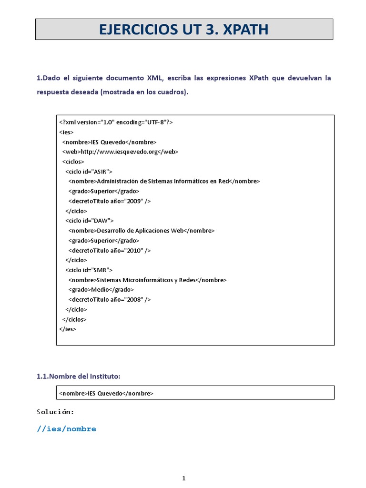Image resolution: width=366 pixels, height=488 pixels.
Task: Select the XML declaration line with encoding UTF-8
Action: tap(116, 122)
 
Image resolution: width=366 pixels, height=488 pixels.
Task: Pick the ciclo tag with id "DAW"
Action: tap(90, 221)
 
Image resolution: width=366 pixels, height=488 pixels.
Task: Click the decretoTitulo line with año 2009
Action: tap(109, 201)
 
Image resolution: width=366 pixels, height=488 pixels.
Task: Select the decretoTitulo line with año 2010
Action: tap(109, 250)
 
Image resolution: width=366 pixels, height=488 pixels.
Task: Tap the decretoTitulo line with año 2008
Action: tap(109, 299)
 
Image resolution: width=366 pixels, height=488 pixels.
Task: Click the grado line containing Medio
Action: tap(101, 289)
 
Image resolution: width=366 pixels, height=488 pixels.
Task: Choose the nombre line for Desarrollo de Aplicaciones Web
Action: tap(142, 230)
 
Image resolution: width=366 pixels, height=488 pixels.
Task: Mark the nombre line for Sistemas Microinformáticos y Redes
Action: tap(147, 280)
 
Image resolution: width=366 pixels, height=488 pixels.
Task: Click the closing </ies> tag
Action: tap(68, 329)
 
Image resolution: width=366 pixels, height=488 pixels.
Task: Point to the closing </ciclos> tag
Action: tap(75, 319)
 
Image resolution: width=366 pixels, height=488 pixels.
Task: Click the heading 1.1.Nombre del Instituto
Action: tap(79, 376)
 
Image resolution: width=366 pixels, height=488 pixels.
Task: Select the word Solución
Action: tap(55, 412)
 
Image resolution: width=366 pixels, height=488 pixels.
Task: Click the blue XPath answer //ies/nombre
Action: tap(66, 429)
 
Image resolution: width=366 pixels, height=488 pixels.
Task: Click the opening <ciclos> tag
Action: tap(73, 162)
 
